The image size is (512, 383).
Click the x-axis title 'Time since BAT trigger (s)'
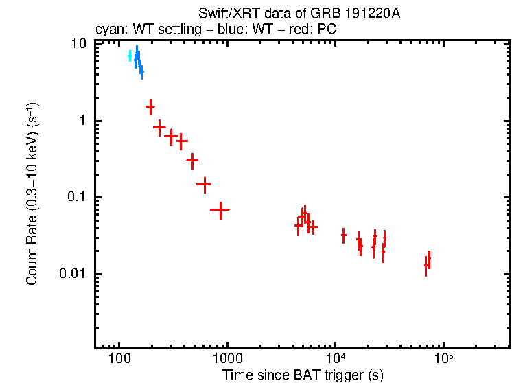302,375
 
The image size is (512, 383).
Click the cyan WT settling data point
130,56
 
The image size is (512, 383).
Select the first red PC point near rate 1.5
150,106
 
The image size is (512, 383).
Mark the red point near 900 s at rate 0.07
220,209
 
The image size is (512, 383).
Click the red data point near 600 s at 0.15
203,184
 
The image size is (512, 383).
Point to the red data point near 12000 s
344,235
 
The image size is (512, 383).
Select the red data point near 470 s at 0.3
193,160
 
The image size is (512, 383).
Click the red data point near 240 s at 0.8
160,127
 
